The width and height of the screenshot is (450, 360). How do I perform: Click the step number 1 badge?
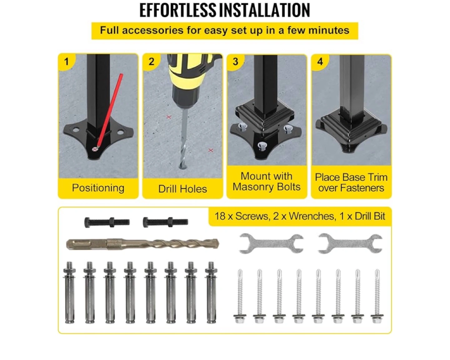66,62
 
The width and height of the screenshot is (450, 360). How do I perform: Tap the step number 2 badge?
151,62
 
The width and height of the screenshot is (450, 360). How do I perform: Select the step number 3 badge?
235,62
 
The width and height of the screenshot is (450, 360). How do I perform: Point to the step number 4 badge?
320,62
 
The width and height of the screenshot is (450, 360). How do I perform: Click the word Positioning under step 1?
98,188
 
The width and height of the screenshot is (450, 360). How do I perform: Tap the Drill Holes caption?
182,189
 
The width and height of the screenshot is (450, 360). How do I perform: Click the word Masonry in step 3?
253,187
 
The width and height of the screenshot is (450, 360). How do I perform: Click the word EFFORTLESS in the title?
177,10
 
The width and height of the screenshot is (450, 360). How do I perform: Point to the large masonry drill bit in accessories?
142,244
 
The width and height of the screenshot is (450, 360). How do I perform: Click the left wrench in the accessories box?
271,243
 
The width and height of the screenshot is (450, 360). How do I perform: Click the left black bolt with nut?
107,222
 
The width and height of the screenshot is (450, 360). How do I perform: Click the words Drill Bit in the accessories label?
370,216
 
